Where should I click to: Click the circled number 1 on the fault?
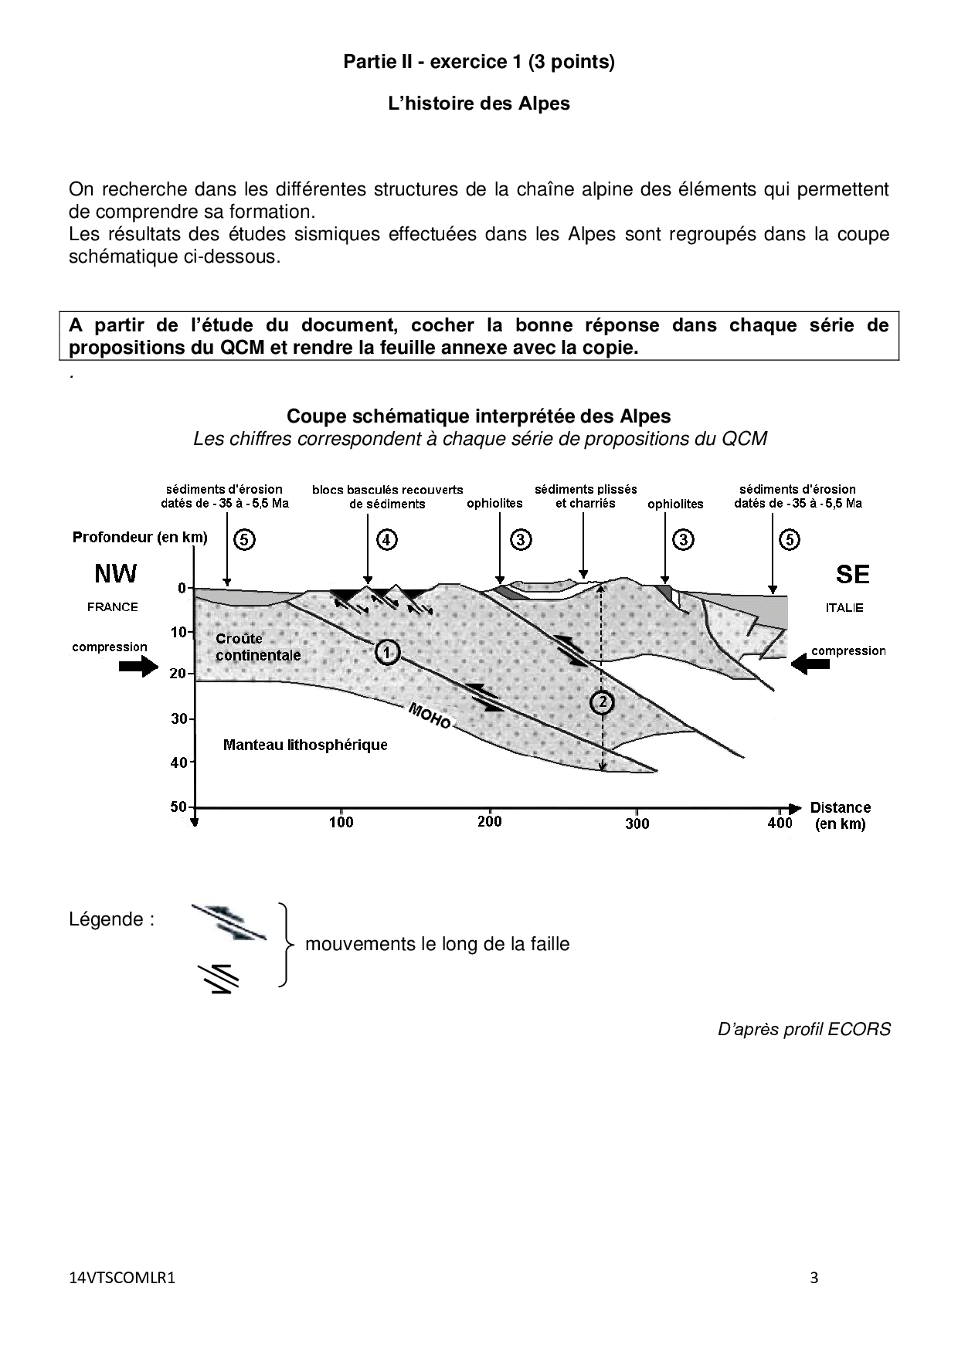[x=387, y=653]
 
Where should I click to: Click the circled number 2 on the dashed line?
[x=602, y=701]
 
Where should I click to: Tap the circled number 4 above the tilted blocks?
[x=387, y=539]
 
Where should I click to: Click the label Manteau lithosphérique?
[x=305, y=745]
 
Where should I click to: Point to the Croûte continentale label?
[x=258, y=647]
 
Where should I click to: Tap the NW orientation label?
[x=115, y=574]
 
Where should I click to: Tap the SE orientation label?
[x=852, y=574]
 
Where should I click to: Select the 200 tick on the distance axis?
[x=490, y=821]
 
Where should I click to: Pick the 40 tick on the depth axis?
[x=178, y=762]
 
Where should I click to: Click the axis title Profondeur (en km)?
[x=140, y=538]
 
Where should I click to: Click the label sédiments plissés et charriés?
[x=586, y=496]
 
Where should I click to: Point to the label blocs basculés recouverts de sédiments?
[x=387, y=497]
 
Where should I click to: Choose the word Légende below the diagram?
[x=111, y=919]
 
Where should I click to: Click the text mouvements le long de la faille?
[x=437, y=944]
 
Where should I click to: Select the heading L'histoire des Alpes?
[x=478, y=104]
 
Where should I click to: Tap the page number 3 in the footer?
[x=814, y=1277]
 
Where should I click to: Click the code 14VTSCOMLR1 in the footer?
[x=122, y=1278]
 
